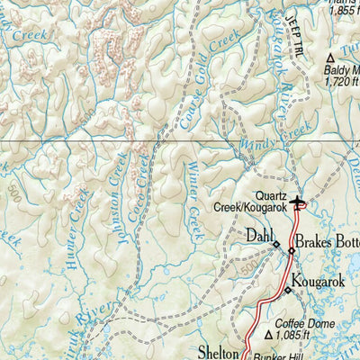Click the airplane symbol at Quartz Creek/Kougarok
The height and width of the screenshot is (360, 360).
(300, 202)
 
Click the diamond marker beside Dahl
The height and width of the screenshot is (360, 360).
(276, 244)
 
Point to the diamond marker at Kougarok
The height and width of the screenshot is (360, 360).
(288, 290)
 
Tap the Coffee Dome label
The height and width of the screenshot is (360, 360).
(306, 323)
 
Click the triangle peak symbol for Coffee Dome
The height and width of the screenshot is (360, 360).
(268, 336)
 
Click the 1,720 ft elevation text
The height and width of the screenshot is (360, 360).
(340, 81)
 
